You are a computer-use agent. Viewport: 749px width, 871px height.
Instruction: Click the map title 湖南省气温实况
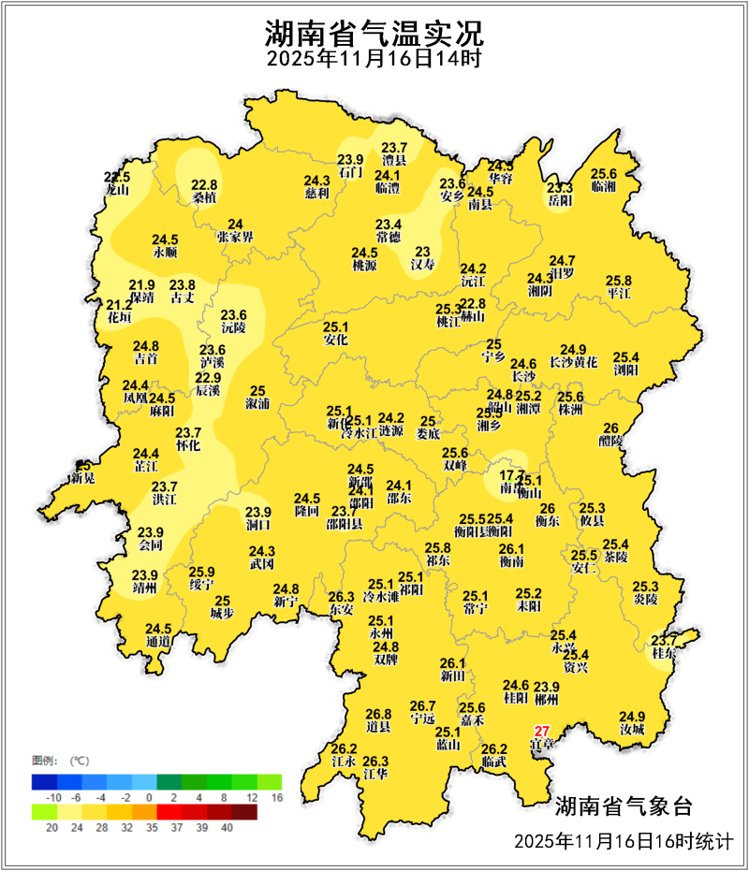click(x=374, y=35)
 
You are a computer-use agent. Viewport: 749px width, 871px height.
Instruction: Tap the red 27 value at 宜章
click(x=541, y=731)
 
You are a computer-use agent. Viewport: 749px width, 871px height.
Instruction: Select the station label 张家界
click(x=235, y=238)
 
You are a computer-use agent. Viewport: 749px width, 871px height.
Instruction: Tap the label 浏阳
click(x=625, y=370)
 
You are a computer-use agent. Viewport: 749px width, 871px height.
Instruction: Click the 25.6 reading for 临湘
click(x=604, y=173)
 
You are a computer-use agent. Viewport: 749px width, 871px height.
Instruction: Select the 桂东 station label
click(x=664, y=653)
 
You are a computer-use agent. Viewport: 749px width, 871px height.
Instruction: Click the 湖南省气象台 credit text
click(x=623, y=806)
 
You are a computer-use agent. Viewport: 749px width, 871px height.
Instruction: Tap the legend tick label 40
click(x=227, y=827)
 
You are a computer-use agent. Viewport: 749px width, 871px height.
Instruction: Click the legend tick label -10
click(x=54, y=796)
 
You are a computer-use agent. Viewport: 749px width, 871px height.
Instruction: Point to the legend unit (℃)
click(x=80, y=760)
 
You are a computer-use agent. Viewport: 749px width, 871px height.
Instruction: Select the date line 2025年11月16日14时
click(x=374, y=60)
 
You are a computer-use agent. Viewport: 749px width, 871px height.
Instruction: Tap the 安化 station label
click(x=335, y=341)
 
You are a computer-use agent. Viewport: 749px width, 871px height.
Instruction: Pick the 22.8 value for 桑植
click(x=204, y=184)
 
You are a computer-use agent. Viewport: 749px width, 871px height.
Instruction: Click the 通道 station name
click(x=158, y=642)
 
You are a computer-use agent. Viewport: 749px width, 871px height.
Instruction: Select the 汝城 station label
click(x=632, y=729)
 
